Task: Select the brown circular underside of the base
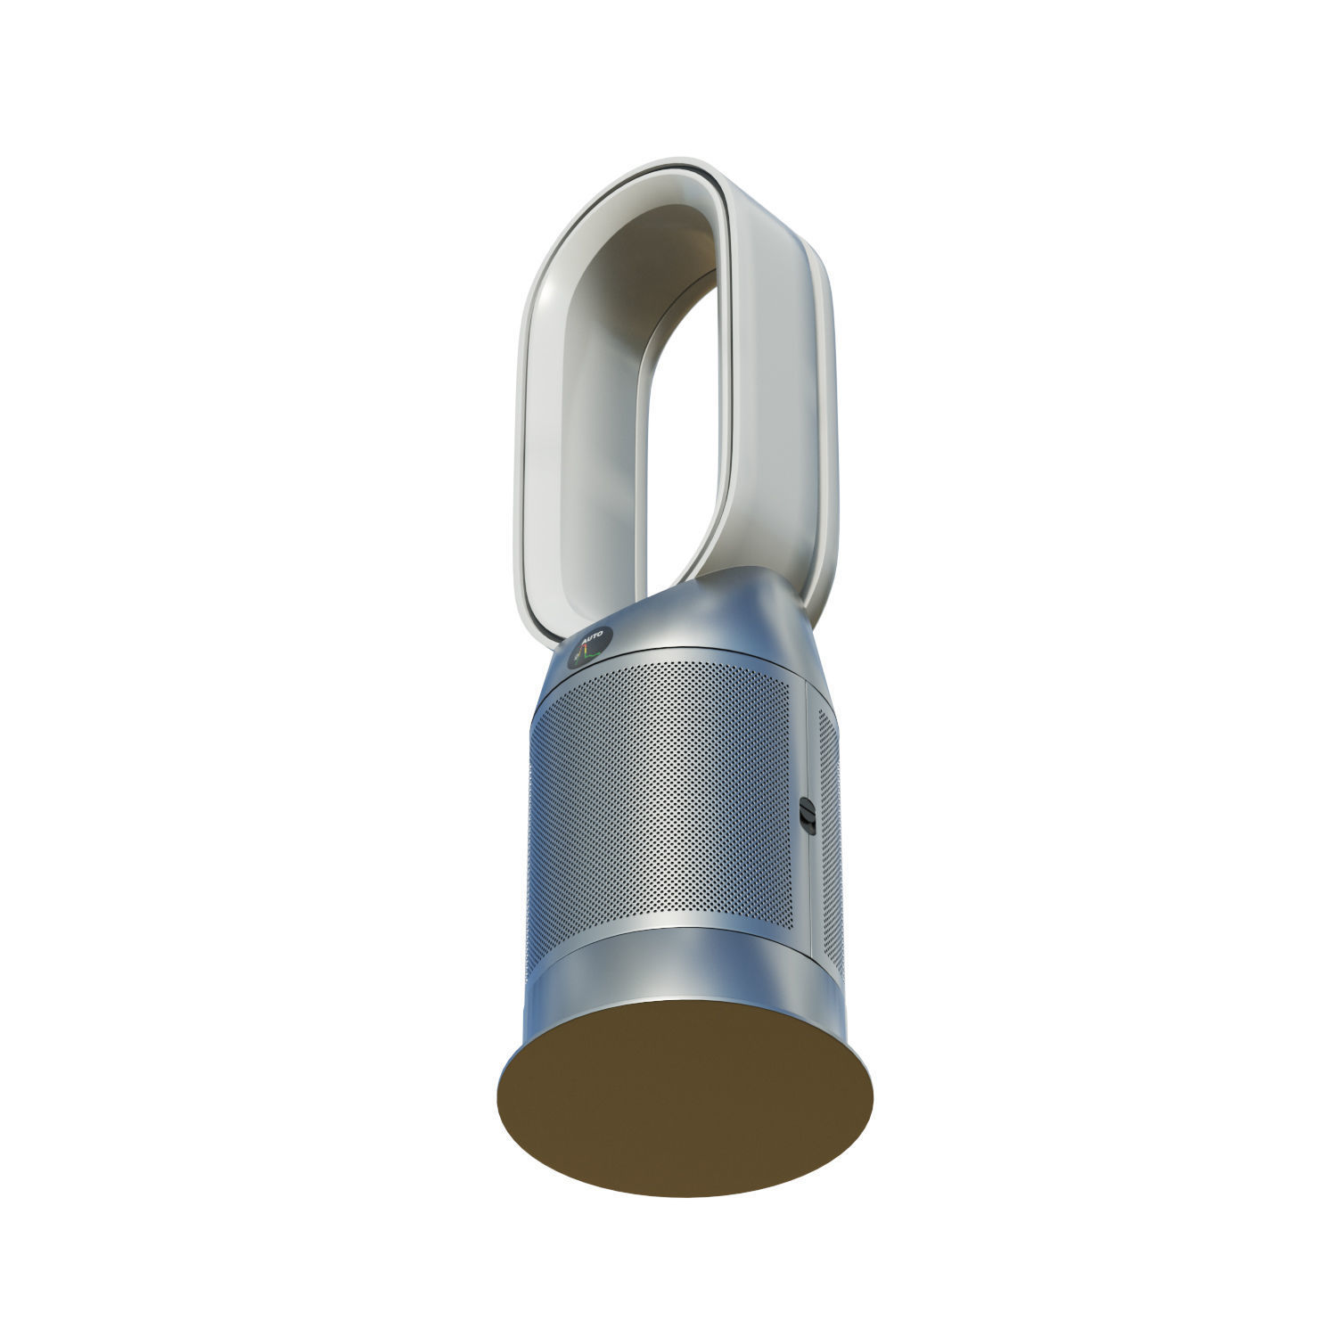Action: click(685, 1096)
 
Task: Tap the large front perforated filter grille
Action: click(660, 802)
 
